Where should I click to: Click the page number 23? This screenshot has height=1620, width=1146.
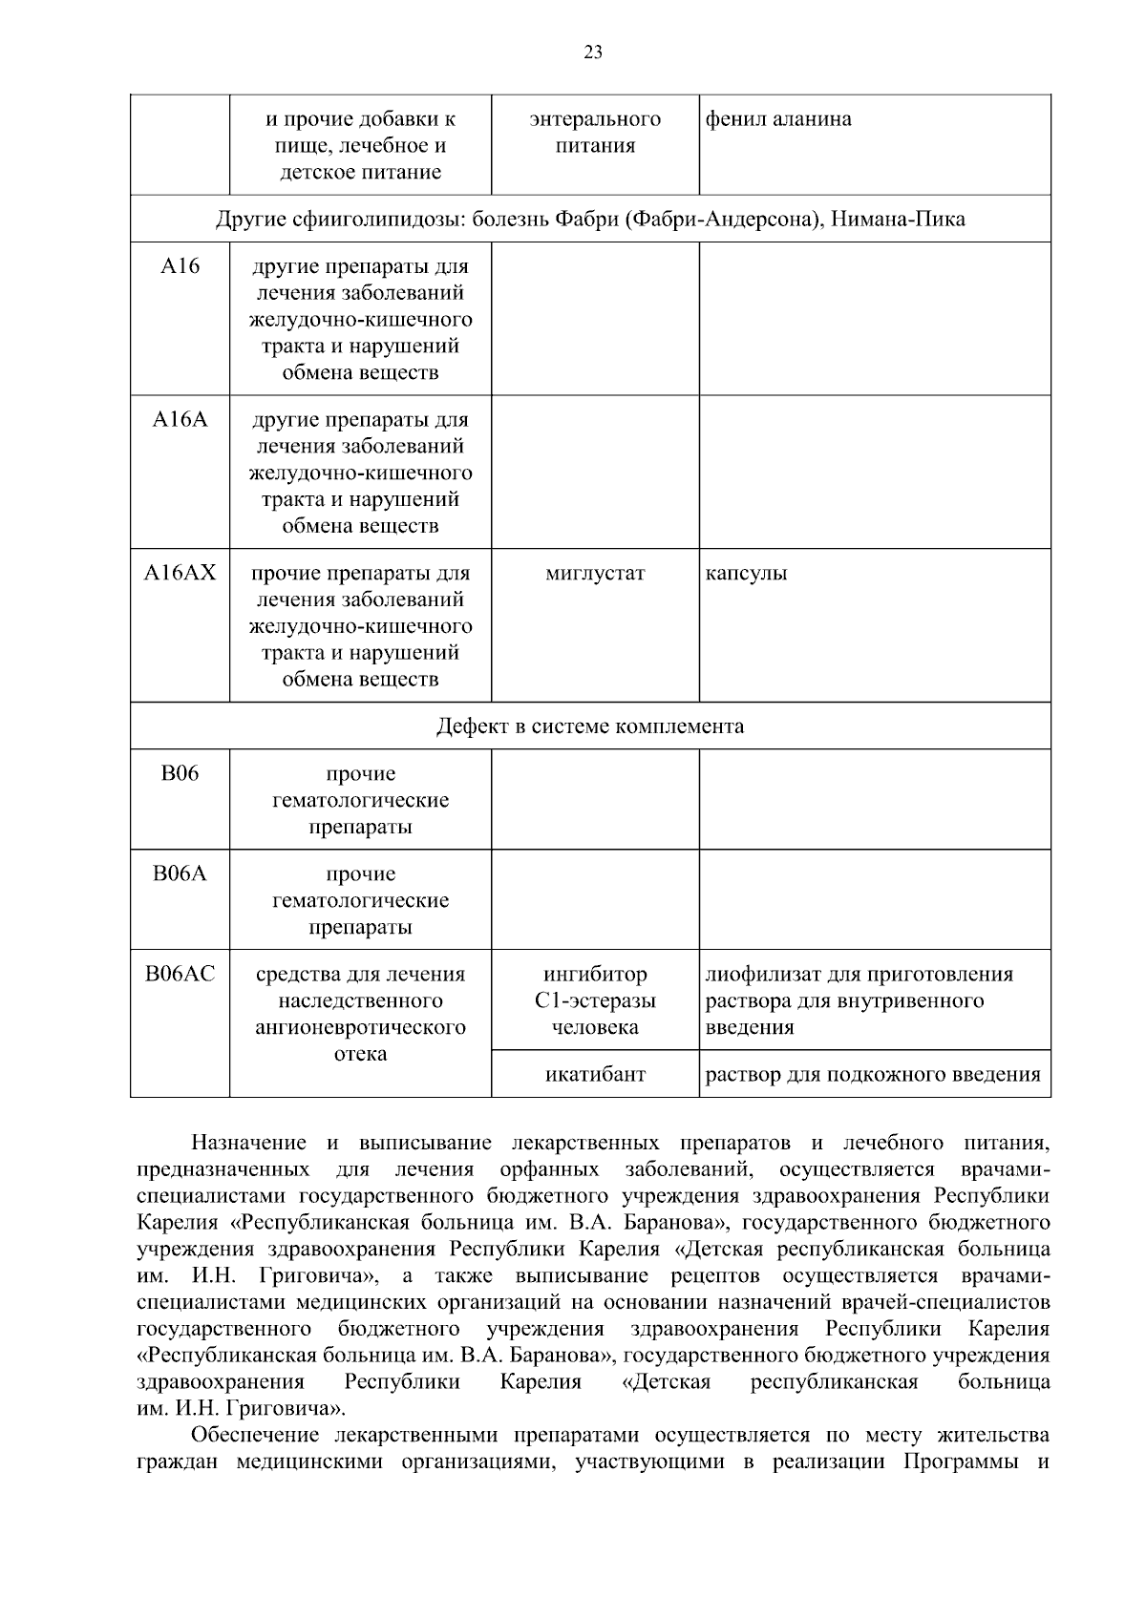click(592, 53)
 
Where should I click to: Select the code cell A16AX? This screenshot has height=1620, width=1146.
click(180, 573)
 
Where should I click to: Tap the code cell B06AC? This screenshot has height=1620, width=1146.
click(180, 974)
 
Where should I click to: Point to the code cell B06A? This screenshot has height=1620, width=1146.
click(180, 873)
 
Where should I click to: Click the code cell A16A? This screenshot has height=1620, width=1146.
click(180, 419)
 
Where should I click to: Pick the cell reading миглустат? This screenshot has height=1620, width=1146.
click(595, 574)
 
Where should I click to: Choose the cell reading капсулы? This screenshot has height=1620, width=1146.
click(746, 574)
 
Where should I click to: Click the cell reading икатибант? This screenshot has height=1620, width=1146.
click(595, 1074)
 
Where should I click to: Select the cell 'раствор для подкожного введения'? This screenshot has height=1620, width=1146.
click(873, 1074)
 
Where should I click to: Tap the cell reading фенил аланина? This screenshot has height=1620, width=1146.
click(778, 119)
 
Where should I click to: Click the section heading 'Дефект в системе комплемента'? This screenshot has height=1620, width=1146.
click(590, 726)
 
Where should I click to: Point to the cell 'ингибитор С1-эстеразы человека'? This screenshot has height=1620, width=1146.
click(595, 1000)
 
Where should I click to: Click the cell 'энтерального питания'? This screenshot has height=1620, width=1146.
click(595, 133)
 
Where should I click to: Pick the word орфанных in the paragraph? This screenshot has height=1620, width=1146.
click(549, 1169)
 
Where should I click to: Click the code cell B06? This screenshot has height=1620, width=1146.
click(180, 773)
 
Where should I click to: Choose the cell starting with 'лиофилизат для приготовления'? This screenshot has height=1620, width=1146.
click(859, 1000)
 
